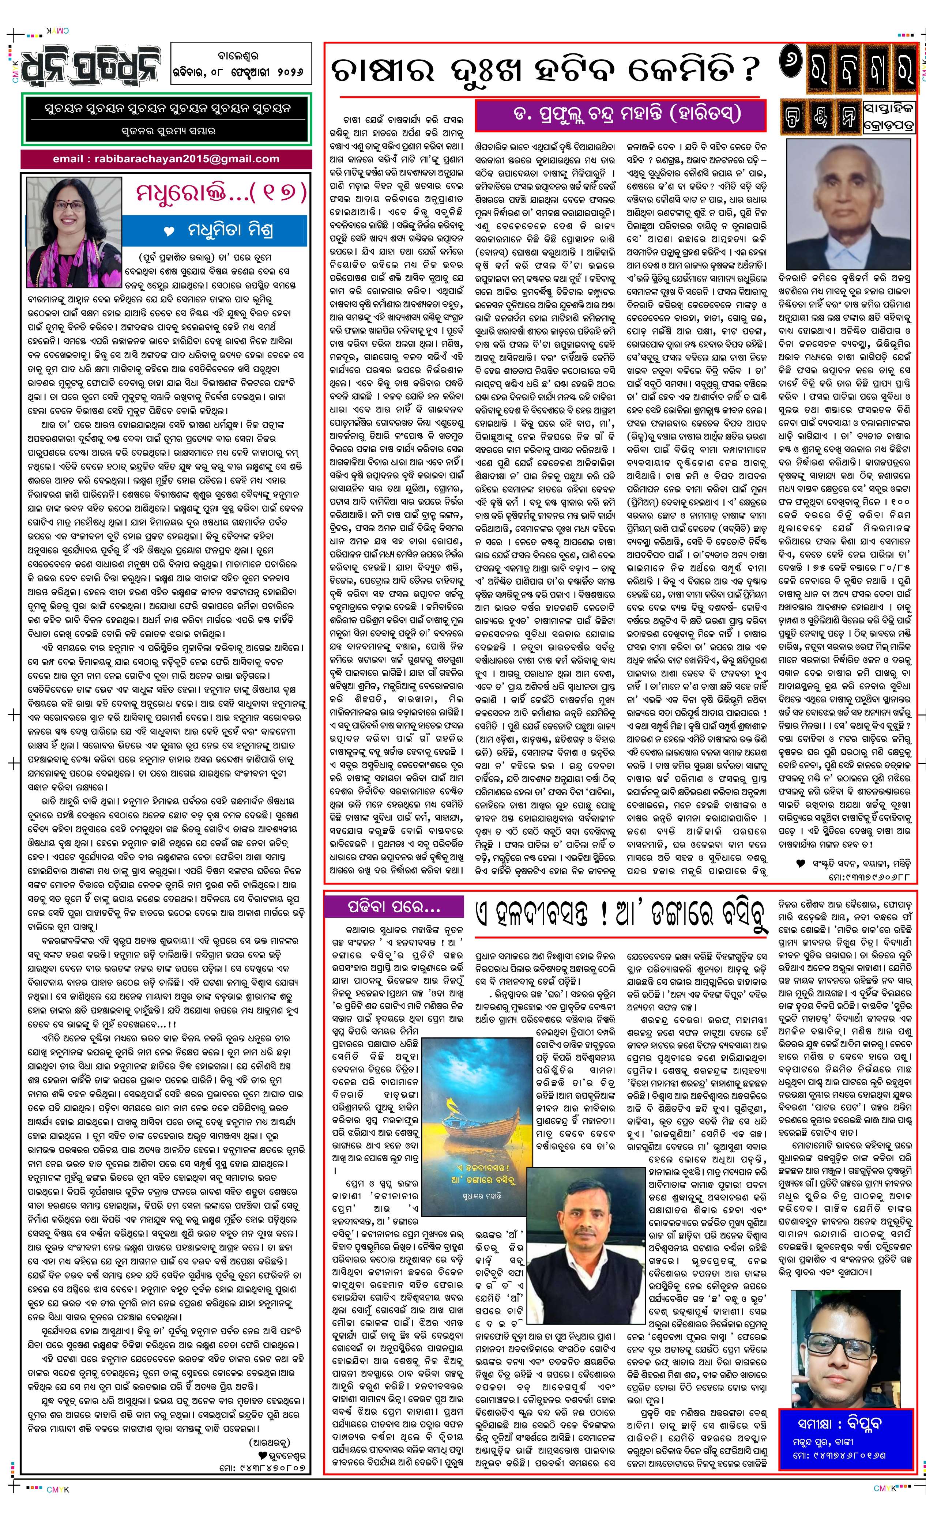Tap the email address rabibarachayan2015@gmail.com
pos(166,159)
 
